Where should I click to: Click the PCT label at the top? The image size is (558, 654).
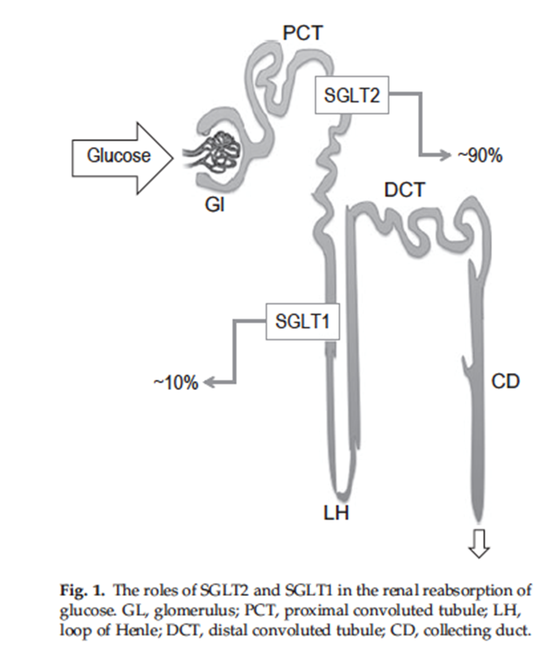click(x=302, y=34)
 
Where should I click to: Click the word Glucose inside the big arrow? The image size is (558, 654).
click(x=118, y=155)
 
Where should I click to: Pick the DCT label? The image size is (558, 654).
click(x=404, y=190)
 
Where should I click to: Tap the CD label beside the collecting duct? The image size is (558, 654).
click(x=505, y=382)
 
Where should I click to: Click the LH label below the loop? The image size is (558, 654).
click(x=336, y=513)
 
